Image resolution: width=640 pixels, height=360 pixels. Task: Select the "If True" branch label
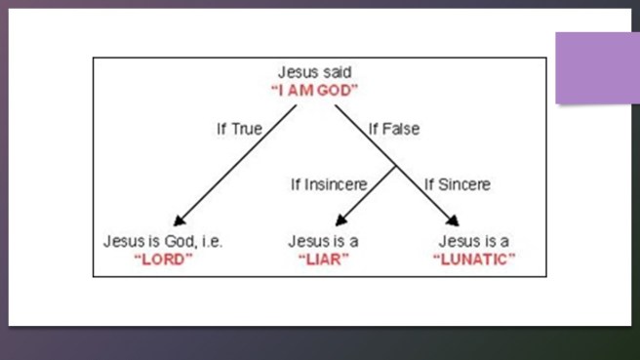point(238,128)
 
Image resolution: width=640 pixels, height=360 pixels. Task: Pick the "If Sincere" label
point(458,183)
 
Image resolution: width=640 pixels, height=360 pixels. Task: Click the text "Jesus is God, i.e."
point(163,241)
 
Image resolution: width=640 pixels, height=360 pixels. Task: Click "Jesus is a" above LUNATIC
point(475,241)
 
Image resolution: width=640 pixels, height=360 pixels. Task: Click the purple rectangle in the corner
point(597,67)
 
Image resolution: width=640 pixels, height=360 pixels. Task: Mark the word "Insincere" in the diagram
point(342,183)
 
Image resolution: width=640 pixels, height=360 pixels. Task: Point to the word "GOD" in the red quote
point(340,90)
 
